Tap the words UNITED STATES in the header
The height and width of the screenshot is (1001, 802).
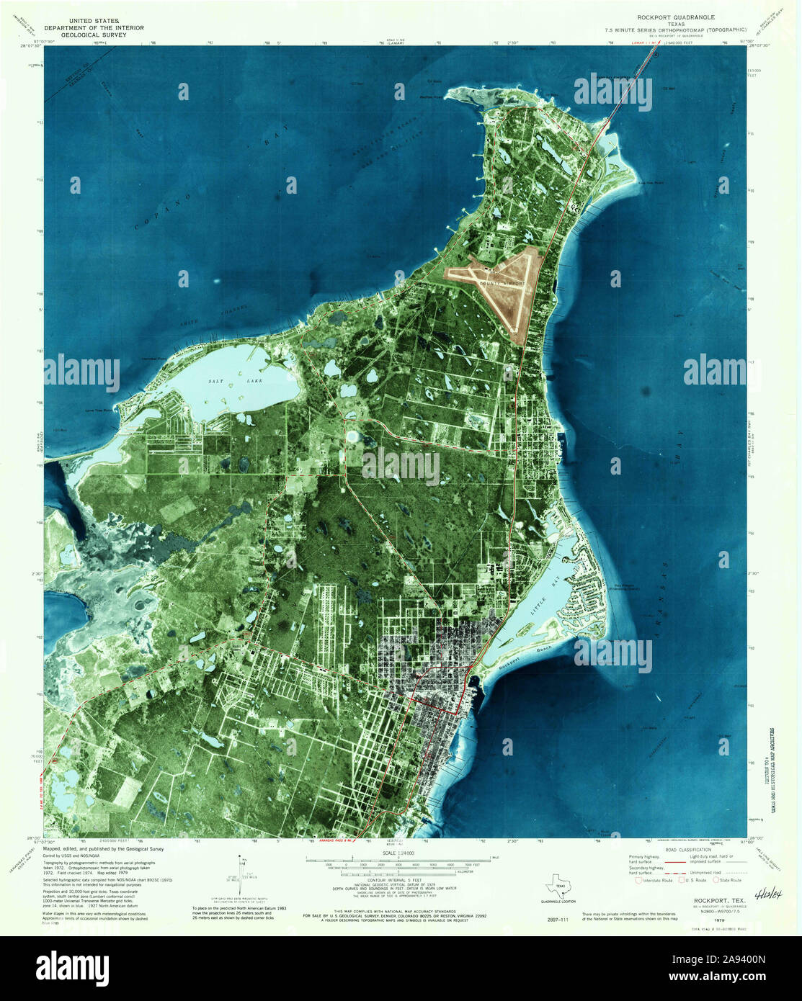[x=94, y=21]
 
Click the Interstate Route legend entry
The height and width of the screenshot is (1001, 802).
[x=651, y=880]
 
